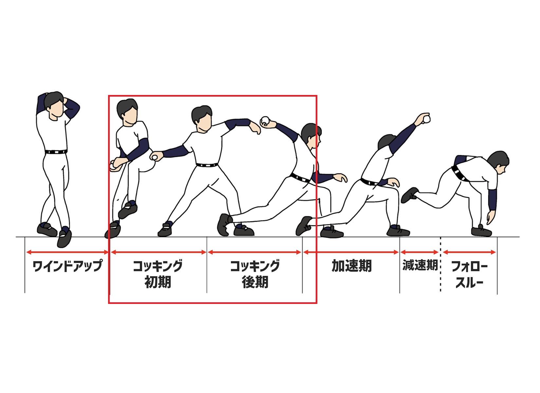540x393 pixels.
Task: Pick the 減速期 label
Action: [420, 265]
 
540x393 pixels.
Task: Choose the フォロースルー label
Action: [469, 274]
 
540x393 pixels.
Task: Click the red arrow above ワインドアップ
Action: [67, 252]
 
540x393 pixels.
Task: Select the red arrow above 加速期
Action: [351, 252]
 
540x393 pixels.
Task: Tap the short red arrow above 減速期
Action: [419, 252]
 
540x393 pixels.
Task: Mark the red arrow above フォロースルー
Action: [469, 252]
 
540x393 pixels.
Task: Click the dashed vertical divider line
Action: [440, 264]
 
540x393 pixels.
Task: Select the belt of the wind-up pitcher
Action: [56, 152]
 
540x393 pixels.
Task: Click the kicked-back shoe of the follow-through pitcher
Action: [410, 195]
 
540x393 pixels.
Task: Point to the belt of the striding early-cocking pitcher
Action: [207, 165]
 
